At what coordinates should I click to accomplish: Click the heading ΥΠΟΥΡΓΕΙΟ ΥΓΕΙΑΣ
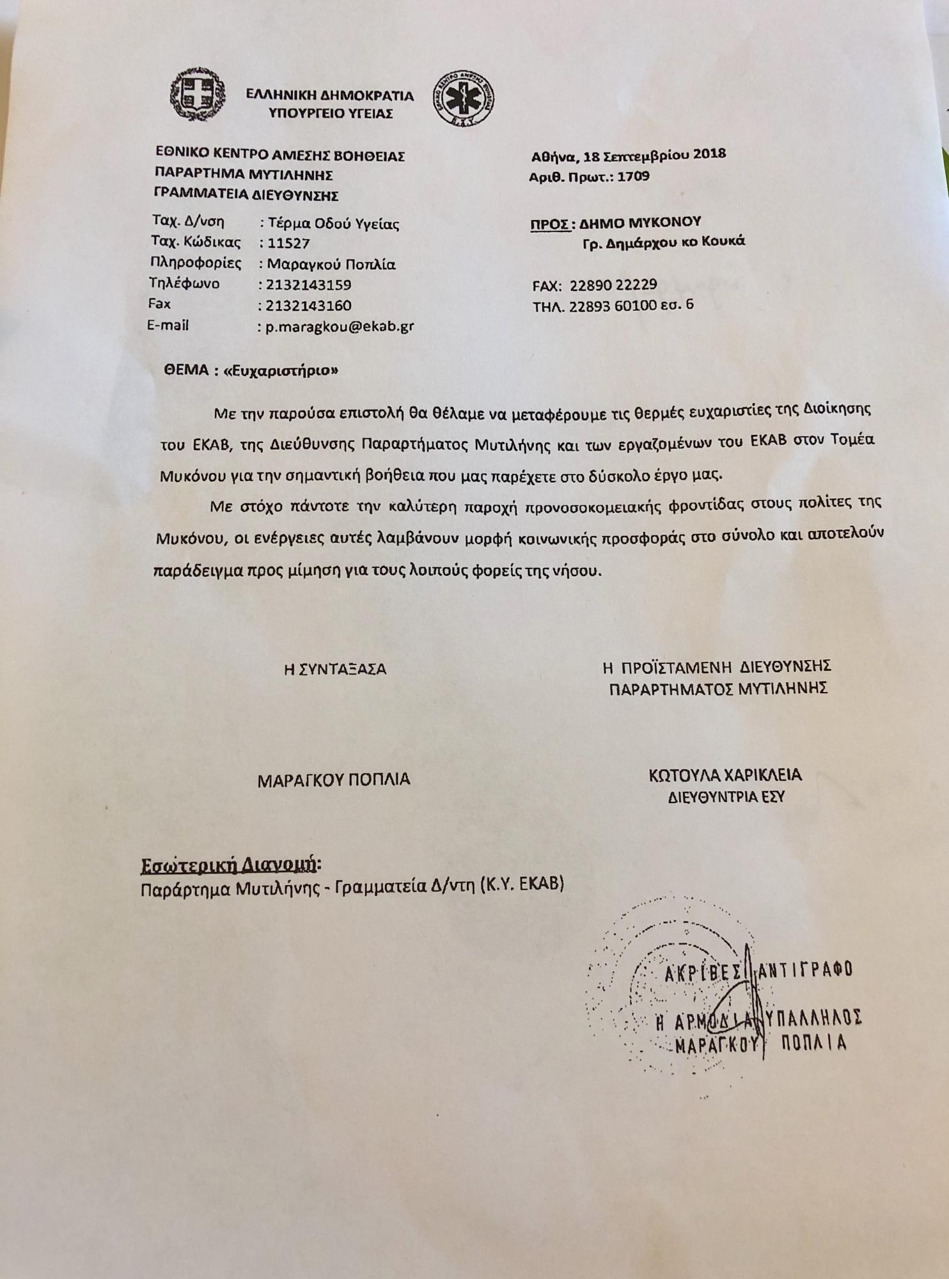click(x=331, y=114)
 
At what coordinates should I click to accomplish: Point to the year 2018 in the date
click(x=708, y=154)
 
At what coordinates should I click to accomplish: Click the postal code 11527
click(x=288, y=243)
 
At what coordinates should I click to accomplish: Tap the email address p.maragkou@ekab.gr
click(x=340, y=327)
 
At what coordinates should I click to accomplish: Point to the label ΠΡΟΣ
click(x=549, y=223)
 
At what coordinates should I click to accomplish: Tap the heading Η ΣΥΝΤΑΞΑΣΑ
click(x=335, y=670)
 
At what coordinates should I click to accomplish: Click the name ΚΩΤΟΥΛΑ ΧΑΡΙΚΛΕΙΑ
click(x=725, y=776)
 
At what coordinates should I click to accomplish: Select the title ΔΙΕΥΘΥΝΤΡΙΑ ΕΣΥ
click(x=726, y=797)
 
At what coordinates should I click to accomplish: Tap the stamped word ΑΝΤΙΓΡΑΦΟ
click(x=804, y=970)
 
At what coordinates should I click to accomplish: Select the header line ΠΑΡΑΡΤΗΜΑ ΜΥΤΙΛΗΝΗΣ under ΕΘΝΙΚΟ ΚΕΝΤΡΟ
click(x=244, y=175)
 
